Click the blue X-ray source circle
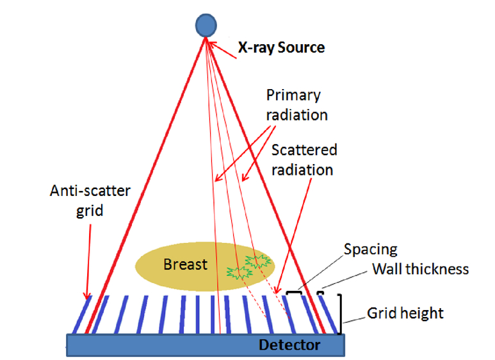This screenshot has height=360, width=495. click(x=206, y=25)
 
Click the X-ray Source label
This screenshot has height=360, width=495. click(x=281, y=47)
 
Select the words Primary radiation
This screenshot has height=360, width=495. click(x=296, y=105)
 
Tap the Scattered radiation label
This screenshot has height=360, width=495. click(x=304, y=160)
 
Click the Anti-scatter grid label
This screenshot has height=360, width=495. click(x=90, y=200)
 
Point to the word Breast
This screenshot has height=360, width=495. click(x=185, y=265)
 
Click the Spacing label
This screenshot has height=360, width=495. click(x=370, y=249)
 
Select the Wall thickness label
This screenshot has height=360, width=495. click(x=421, y=269)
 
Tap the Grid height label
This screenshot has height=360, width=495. click(x=405, y=313)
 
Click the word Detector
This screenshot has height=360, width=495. click(x=289, y=345)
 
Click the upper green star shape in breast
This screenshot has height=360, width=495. click(x=258, y=261)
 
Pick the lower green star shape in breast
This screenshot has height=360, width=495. click(x=239, y=272)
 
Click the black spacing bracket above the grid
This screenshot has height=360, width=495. click(x=294, y=293)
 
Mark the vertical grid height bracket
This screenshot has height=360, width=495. click(x=340, y=314)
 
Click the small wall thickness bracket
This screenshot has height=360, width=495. click(x=320, y=293)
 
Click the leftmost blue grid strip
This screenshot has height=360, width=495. click(x=82, y=315)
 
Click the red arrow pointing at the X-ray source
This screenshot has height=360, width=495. click(x=223, y=50)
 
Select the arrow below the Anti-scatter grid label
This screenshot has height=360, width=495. click(x=88, y=262)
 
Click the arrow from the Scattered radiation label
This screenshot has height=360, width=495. click(x=293, y=236)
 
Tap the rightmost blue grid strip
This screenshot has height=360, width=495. click(x=329, y=315)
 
